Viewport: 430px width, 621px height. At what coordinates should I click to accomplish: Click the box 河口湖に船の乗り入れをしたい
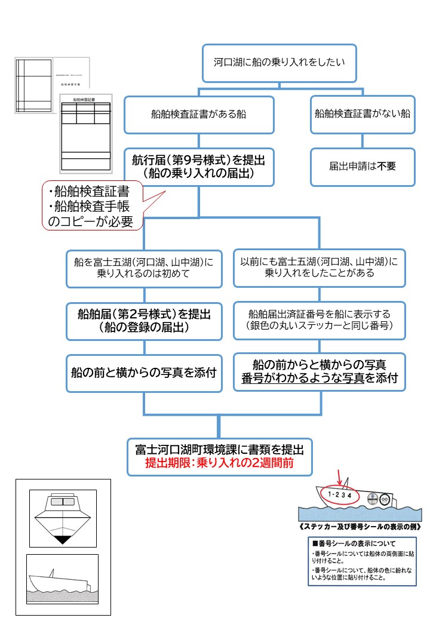point(279,62)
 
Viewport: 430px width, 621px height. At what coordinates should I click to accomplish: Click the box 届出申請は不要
point(363,167)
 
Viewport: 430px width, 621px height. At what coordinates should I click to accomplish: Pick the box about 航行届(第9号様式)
point(199,167)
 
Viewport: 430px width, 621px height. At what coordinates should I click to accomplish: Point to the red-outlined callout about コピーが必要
point(93,206)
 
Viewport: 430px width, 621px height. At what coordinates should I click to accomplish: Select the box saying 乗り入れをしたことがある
point(319,267)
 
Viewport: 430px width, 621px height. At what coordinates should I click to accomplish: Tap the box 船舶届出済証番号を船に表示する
point(319,319)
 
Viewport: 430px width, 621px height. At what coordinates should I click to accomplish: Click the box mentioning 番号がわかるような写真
point(319,371)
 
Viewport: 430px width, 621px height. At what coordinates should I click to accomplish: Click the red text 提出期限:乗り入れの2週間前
point(219,463)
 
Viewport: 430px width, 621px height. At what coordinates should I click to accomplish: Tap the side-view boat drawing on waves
point(62,579)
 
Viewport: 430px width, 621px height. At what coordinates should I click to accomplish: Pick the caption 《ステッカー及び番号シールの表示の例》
point(361,527)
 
